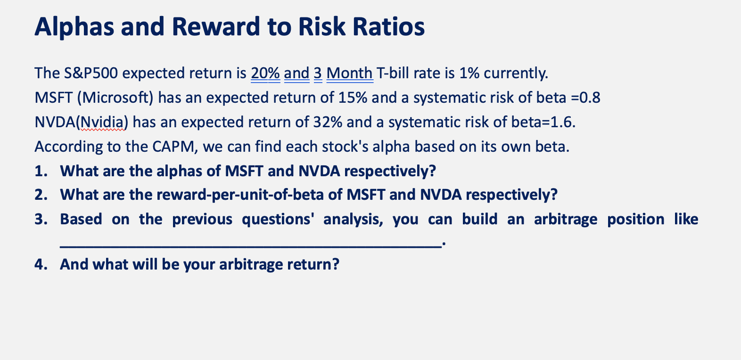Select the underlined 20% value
(265, 74)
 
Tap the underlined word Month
(349, 74)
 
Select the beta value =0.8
(585, 98)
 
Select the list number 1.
(41, 171)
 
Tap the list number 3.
(41, 220)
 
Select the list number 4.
(41, 264)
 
